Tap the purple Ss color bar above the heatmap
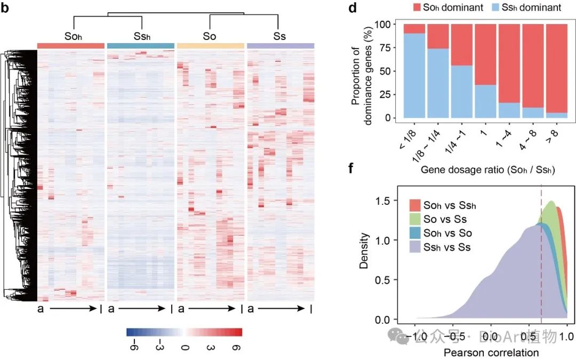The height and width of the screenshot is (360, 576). coord(281,46)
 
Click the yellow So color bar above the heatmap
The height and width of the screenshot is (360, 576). coord(211,46)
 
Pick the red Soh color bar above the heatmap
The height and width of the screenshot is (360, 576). coord(70,46)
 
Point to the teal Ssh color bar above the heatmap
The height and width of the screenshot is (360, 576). coord(141,46)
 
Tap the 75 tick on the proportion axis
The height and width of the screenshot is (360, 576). coord(393,47)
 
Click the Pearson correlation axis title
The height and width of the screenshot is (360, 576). coord(491,353)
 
